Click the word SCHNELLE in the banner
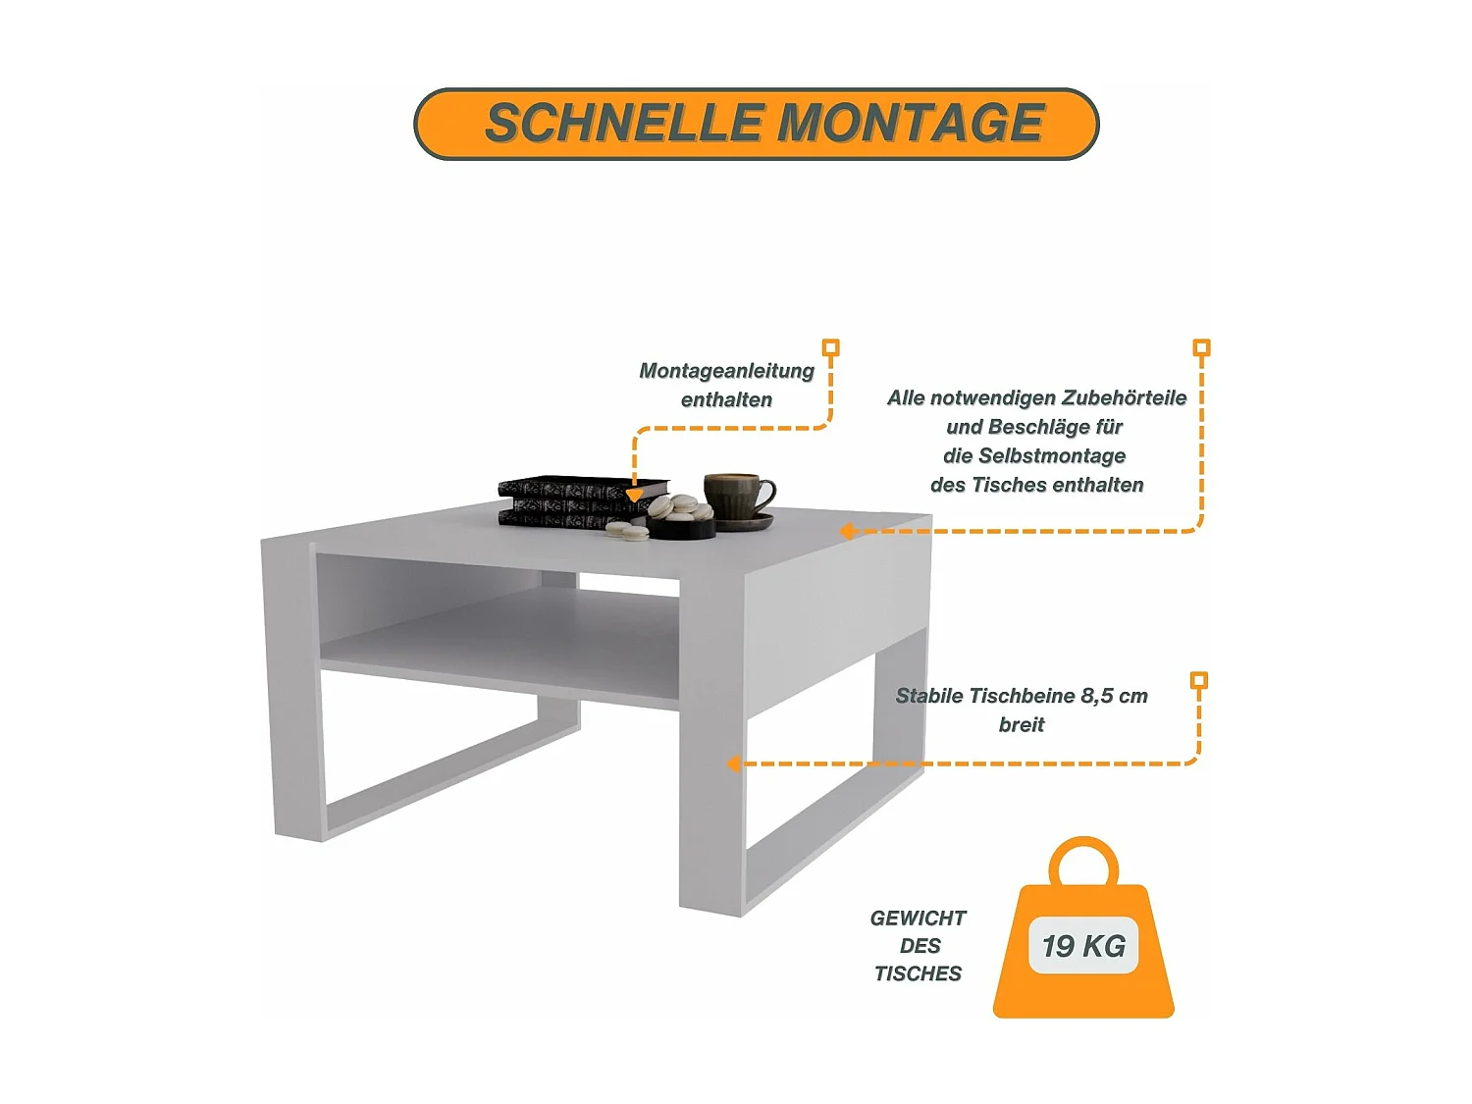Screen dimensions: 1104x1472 coord(624,124)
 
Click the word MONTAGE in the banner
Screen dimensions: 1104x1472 coord(912,124)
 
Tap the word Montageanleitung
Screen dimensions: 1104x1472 coord(726,371)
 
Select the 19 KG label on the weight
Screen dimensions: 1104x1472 coord(1083,946)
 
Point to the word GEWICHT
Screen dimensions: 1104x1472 coord(918,919)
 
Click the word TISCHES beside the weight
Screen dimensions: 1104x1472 coord(918,973)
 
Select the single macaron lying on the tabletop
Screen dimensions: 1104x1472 coord(627,532)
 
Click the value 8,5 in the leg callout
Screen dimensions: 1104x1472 coord(1096,696)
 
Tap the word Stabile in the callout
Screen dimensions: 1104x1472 coord(929,696)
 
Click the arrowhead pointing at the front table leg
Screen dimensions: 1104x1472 coord(733,763)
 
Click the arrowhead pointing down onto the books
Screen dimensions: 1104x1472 coord(635,496)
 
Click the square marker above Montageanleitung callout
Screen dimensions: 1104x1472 coord(830,347)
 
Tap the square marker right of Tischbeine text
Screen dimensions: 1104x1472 coord(1198,680)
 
